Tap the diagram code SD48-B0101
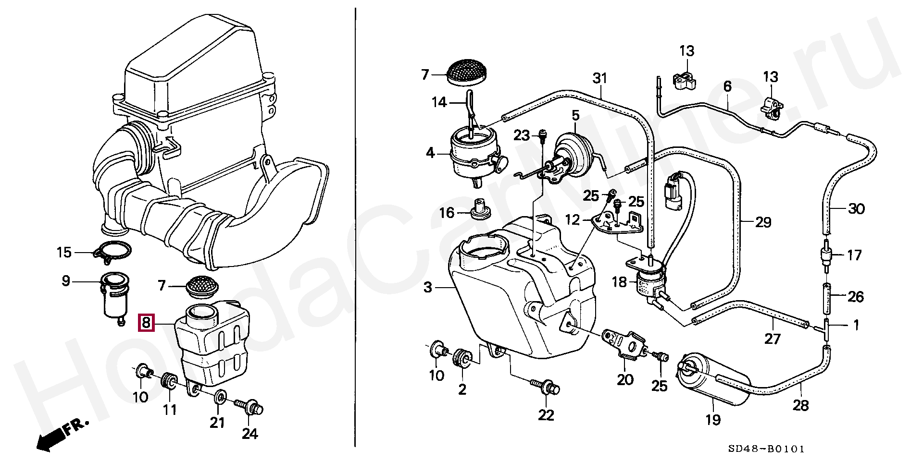[x=766, y=449]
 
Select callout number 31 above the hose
[x=600, y=78]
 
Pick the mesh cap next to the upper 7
[x=467, y=73]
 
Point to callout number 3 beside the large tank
[x=428, y=288]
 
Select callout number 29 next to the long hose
[x=763, y=222]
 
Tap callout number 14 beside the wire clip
[x=439, y=102]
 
